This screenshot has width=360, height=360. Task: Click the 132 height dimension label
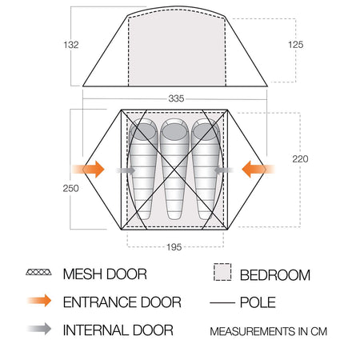pos(71,45)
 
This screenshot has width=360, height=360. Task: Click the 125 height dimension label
pos(296,45)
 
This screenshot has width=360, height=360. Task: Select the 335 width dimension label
pos(176,98)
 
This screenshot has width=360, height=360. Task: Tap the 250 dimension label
pos(70,188)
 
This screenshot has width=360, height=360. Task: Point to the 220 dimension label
pos(300,159)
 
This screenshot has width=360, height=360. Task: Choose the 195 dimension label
pos(174,247)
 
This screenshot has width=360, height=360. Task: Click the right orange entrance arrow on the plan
pos(258,169)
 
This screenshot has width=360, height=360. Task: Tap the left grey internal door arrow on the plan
pos(126,170)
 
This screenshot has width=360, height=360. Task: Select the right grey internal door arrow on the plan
pos(223,170)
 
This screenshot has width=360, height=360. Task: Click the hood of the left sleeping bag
pos(143,130)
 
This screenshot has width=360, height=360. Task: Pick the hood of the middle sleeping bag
pos(174,130)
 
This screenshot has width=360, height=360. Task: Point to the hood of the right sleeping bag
pos(205,130)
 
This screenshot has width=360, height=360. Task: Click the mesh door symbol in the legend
pos(38,272)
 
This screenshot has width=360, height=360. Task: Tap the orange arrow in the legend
pos(39,301)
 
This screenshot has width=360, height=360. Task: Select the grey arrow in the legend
pos(39,329)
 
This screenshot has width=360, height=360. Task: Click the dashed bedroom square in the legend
pos(222,272)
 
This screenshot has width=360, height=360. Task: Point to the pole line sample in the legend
pos(222,303)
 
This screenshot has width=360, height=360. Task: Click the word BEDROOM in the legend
pos(275,275)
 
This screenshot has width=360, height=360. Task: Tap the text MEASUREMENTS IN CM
pos(269,331)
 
